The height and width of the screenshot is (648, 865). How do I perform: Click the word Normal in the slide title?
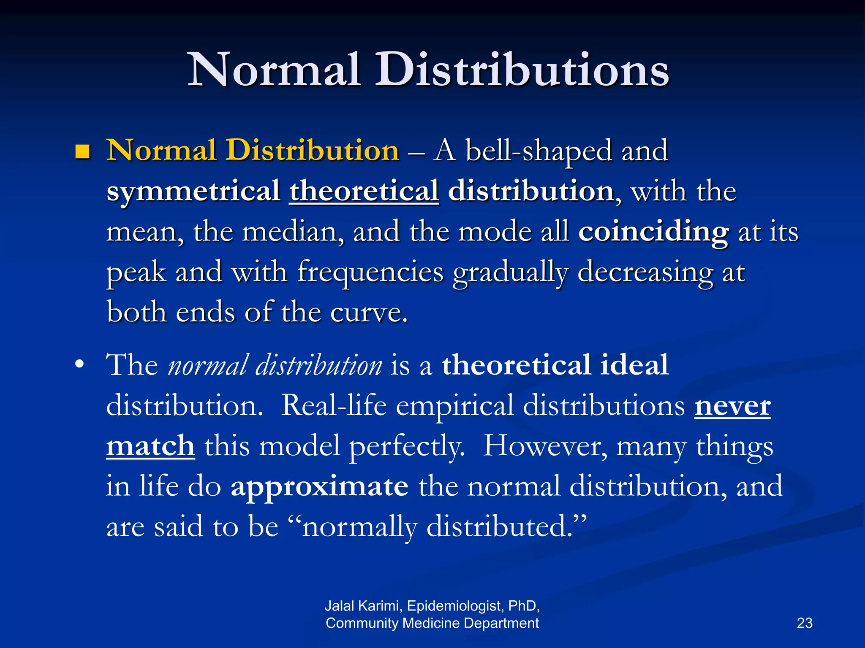pyautogui.click(x=275, y=70)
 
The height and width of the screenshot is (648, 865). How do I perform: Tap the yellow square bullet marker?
pyautogui.click(x=82, y=151)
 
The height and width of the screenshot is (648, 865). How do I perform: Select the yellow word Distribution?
pyautogui.click(x=312, y=150)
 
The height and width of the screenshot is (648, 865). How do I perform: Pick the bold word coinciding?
pyautogui.click(x=653, y=232)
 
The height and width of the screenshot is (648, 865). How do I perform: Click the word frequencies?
pyautogui.click(x=370, y=273)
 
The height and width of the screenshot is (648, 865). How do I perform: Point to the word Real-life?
pyautogui.click(x=334, y=405)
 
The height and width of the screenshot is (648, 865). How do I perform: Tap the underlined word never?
pyautogui.click(x=732, y=405)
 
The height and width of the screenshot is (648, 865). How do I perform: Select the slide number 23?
pyautogui.click(x=805, y=623)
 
